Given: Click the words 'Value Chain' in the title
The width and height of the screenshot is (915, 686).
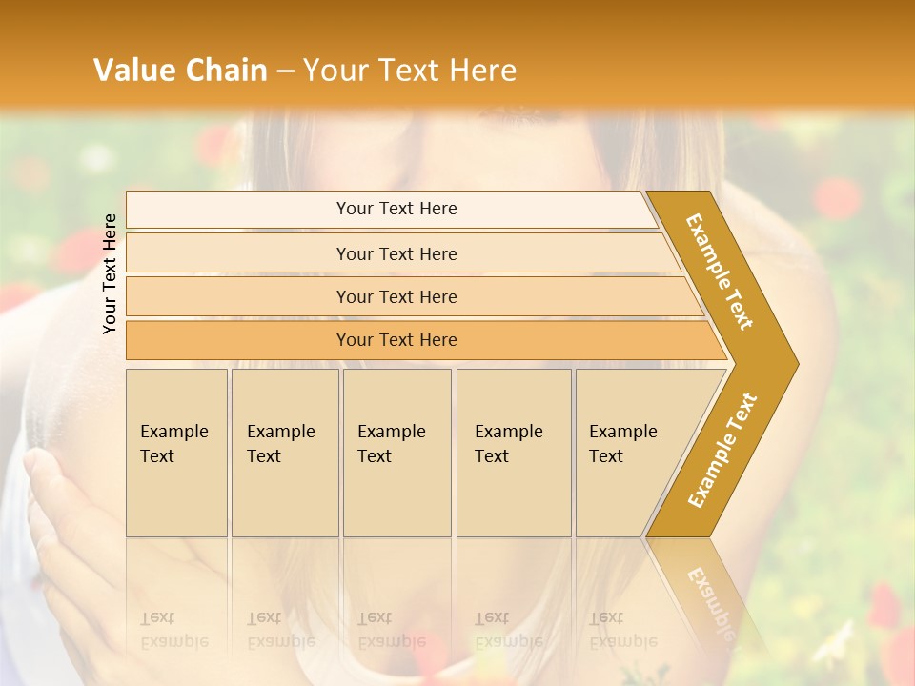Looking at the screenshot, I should [180, 71].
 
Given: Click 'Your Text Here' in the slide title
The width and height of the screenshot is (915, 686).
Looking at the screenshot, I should [410, 71].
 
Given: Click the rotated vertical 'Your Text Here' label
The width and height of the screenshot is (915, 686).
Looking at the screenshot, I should [110, 273].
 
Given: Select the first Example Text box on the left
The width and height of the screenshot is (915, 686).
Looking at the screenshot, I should [176, 453].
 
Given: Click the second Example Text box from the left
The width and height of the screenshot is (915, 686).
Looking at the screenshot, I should [285, 453].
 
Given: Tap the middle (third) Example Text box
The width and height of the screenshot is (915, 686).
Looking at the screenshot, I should [396, 453].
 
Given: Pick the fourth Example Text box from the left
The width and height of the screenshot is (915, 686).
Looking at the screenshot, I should [514, 453].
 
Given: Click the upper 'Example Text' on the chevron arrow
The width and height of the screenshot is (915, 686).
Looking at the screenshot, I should [720, 272].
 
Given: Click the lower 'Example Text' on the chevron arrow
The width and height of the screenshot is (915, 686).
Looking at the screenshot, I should [722, 451].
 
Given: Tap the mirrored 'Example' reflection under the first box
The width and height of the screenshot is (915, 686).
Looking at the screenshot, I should [174, 641].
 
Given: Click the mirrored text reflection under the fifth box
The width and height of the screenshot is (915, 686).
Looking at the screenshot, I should [623, 641].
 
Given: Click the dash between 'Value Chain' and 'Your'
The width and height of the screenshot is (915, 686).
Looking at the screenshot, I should [285, 71].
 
